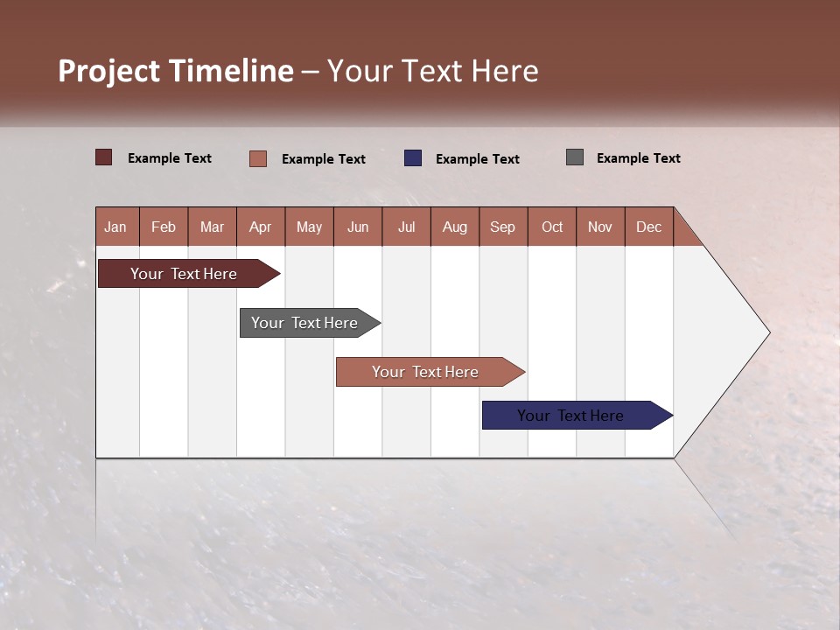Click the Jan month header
[x=115, y=227]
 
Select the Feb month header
[x=164, y=227]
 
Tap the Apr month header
[x=260, y=227]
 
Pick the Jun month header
[x=358, y=227]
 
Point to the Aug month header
[x=454, y=227]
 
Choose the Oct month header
[x=552, y=227]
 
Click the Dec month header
[x=648, y=227]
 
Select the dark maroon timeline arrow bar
[x=184, y=274]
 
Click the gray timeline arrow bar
[x=304, y=323]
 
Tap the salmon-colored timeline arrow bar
[x=425, y=372]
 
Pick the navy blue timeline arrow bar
[x=570, y=416]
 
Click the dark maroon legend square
[x=104, y=157]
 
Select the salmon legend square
[x=258, y=158]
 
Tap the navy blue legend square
[x=413, y=158]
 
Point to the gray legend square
[x=575, y=157]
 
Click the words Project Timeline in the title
[x=175, y=71]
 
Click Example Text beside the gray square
[x=638, y=158]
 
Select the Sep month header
[x=502, y=227]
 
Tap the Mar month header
[x=212, y=227]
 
